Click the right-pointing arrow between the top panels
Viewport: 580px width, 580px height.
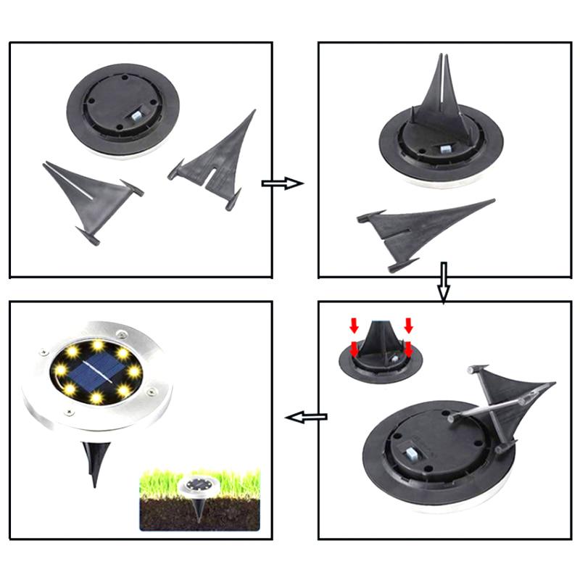pos(282,183)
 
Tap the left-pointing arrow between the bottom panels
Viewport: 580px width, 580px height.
pos(305,417)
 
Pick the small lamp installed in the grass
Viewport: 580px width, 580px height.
pos(197,484)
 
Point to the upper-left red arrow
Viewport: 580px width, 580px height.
pos(354,323)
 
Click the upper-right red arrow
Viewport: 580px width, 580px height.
pos(409,323)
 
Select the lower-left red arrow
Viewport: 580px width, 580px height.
pos(354,349)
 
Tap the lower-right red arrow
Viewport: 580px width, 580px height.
pos(408,350)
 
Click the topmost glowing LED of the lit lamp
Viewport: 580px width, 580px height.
pos(96,343)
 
